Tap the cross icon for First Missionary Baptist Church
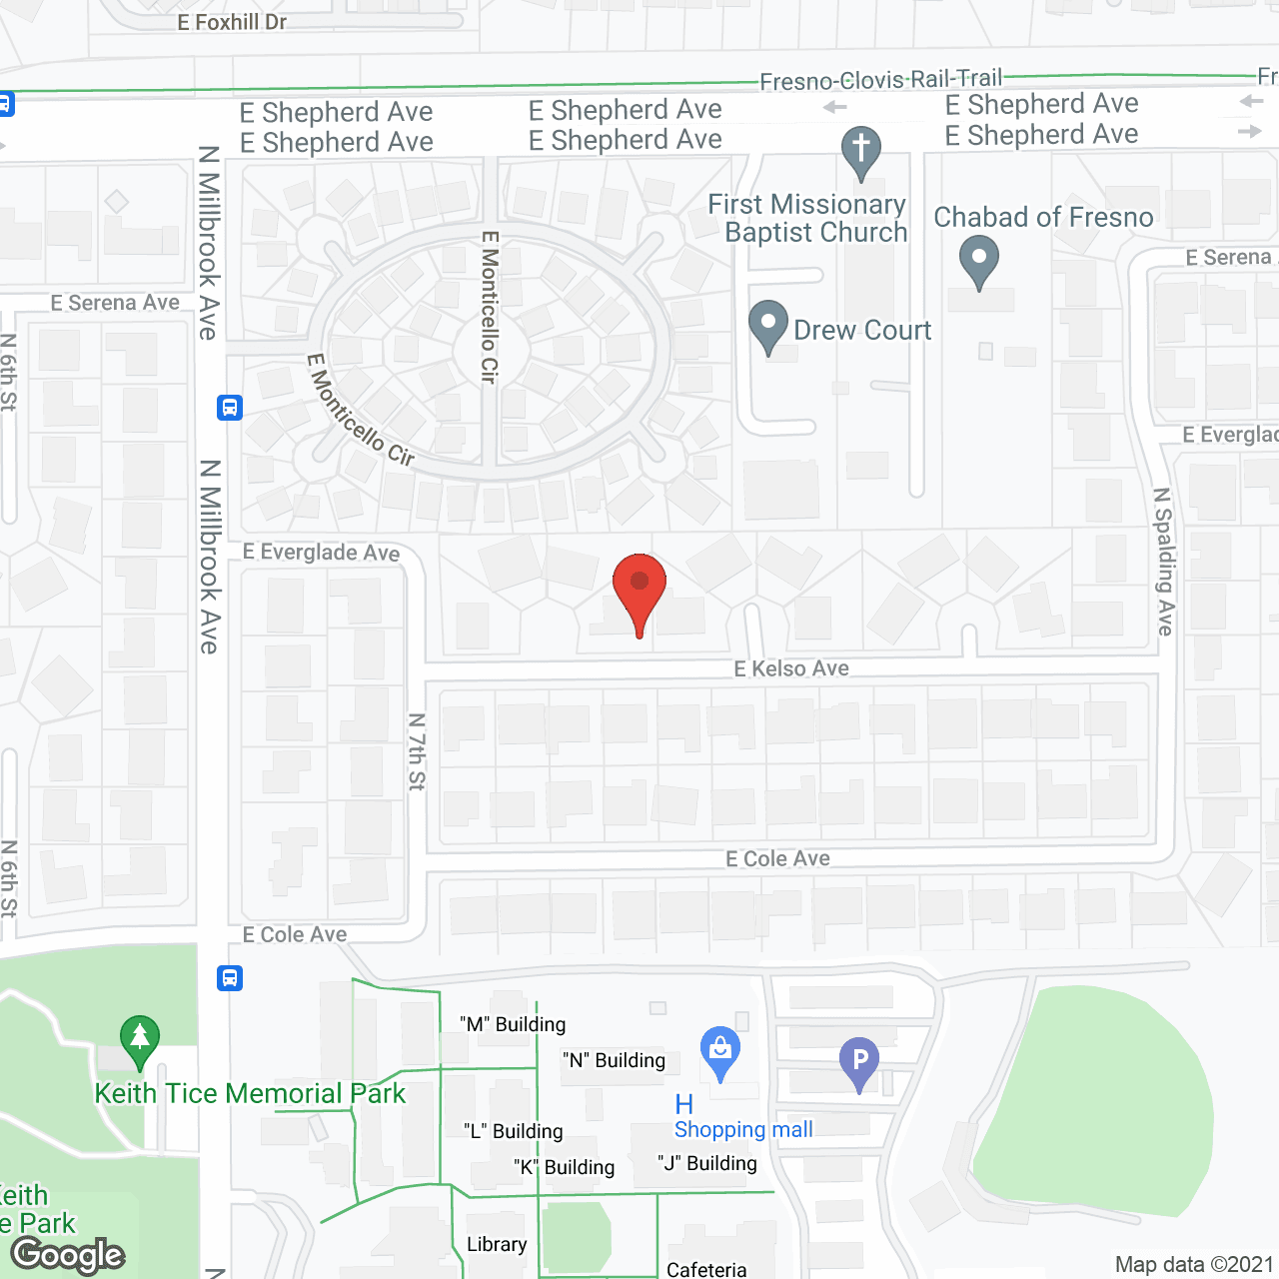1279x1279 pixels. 861,152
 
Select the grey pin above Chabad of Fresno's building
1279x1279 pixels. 979,260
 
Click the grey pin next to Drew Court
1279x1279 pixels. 768,326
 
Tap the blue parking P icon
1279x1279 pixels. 859,1062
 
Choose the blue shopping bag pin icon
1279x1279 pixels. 719,1052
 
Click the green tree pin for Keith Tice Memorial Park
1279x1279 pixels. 140,1040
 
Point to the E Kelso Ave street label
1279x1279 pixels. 791,668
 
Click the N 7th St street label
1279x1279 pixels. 417,751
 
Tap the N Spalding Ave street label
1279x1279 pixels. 1163,562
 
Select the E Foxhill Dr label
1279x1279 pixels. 232,22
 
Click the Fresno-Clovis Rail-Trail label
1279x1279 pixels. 880,80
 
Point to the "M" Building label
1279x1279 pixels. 513,1024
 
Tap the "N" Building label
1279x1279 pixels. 614,1060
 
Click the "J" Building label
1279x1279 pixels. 707,1163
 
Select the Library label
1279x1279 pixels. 497,1244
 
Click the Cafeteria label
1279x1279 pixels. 706,1269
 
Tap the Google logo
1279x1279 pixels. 68,1255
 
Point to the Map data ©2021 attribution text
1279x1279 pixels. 1194,1265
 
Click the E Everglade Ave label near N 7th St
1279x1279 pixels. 321,553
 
